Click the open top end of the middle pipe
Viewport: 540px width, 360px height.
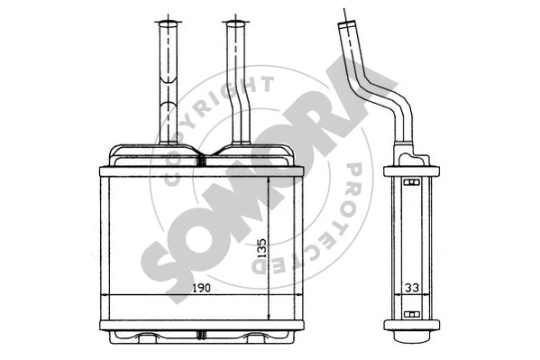pos(235,23)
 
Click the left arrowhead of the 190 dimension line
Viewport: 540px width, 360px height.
pos(102,296)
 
